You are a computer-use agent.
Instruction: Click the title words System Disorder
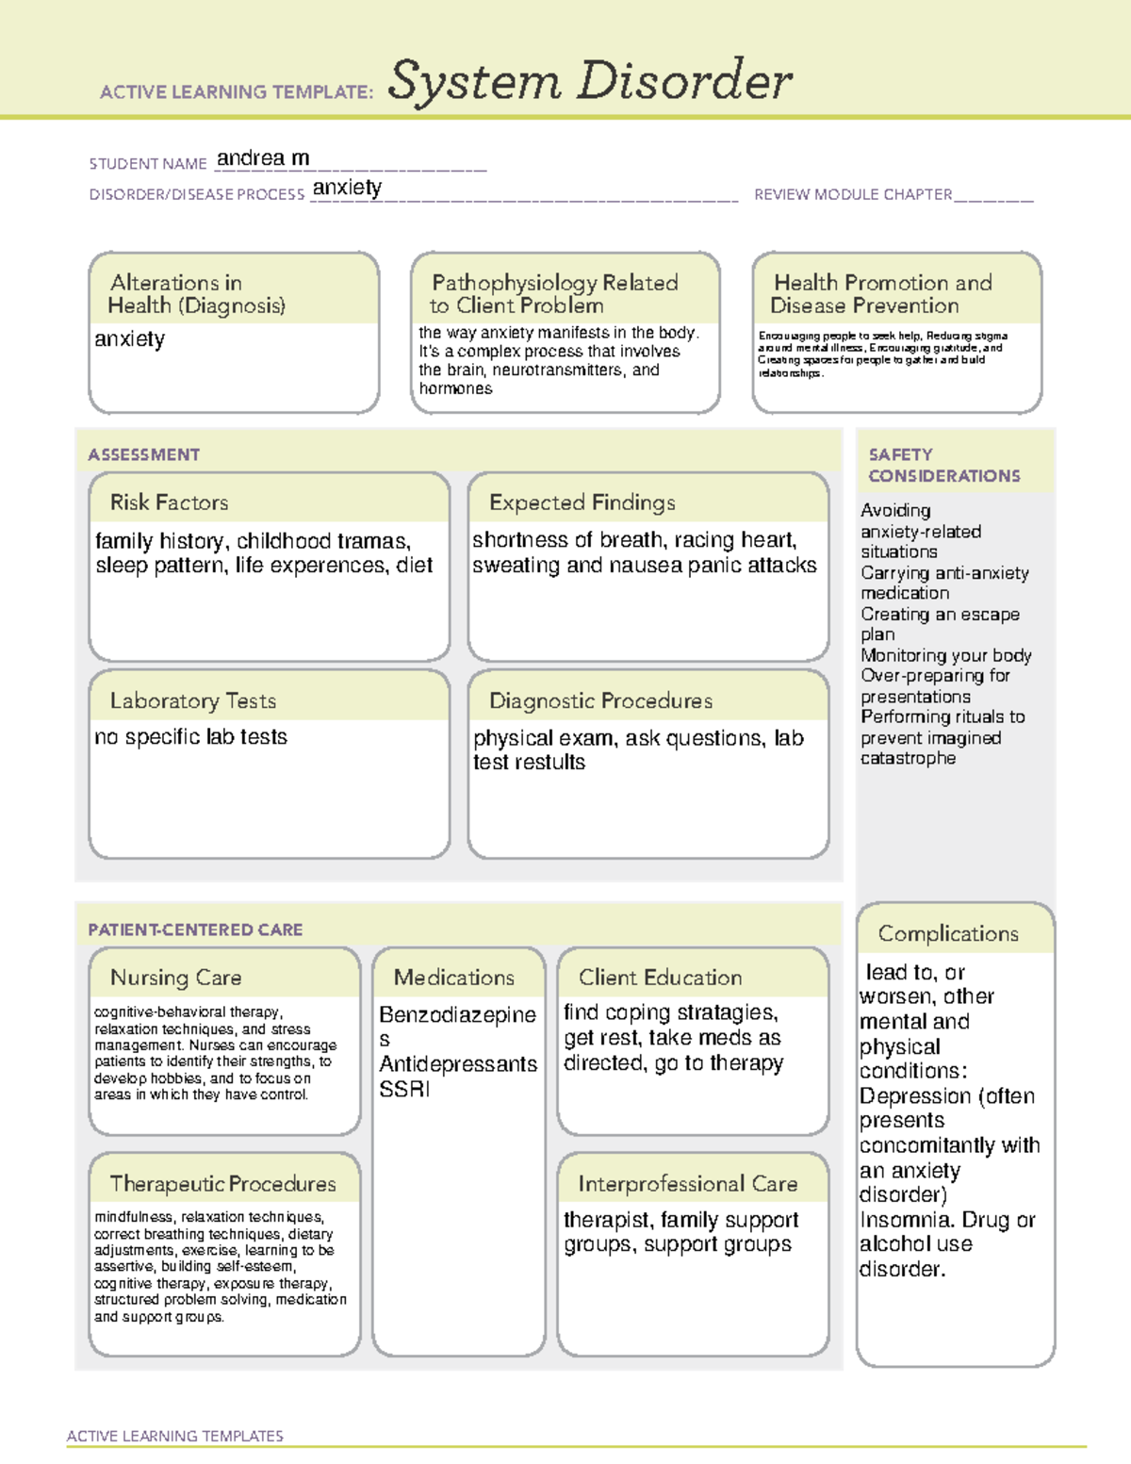(589, 81)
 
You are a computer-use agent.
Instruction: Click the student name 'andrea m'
(263, 158)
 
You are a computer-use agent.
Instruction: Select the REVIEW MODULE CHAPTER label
(852, 194)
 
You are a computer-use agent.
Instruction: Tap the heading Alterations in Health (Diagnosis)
(196, 294)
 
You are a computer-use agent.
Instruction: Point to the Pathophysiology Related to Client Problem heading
(553, 294)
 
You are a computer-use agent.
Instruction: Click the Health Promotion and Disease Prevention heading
(881, 294)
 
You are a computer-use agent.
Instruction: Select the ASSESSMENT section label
(144, 454)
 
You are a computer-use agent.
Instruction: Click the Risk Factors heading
(170, 502)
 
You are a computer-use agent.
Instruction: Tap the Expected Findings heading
(582, 502)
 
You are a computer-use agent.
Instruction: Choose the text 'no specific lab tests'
(190, 737)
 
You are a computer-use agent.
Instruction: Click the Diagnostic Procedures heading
(600, 700)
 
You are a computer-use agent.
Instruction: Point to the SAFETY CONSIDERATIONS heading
(943, 466)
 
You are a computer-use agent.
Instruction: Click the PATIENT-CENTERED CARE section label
(195, 929)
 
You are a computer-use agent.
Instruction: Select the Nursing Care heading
(176, 978)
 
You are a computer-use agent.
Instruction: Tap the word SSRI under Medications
(404, 1089)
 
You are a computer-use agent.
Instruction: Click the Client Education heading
(660, 978)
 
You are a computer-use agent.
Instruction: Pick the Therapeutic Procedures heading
(222, 1183)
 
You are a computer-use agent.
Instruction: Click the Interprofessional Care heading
(687, 1183)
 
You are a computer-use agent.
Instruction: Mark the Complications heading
(948, 933)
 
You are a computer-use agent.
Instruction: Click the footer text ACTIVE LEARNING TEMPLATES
(175, 1436)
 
